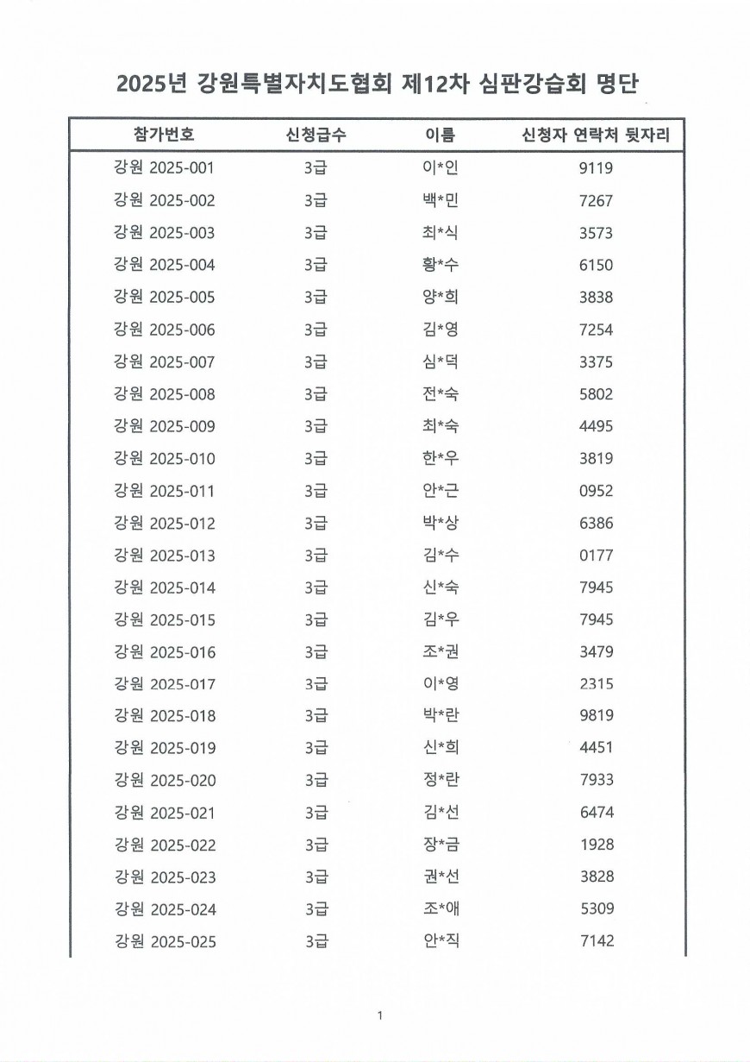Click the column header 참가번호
tap(164, 135)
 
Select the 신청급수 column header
tap(316, 135)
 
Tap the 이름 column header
tap(440, 135)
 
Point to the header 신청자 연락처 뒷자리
tap(597, 135)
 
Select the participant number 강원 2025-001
tap(164, 168)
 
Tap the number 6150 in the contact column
tap(597, 266)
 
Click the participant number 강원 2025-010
tap(164, 458)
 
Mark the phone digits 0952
tap(597, 491)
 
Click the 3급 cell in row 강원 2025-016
tap(316, 652)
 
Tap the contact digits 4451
tap(597, 749)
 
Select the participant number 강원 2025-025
tap(164, 942)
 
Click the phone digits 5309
tap(597, 909)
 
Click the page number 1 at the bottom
tap(379, 1015)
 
